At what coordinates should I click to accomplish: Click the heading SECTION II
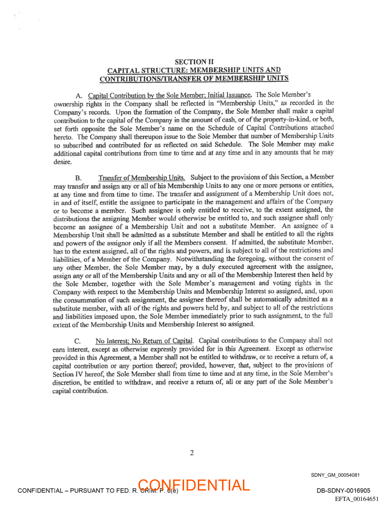point(194,62)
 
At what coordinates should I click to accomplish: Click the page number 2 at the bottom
point(192,453)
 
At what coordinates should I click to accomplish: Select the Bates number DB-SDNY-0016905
point(343,491)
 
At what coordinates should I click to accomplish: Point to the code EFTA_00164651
point(357,499)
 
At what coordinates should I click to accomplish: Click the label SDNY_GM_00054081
point(335,475)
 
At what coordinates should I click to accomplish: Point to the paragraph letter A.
point(78,95)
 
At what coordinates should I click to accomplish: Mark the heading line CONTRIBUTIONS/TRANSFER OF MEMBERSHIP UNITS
point(194,78)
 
